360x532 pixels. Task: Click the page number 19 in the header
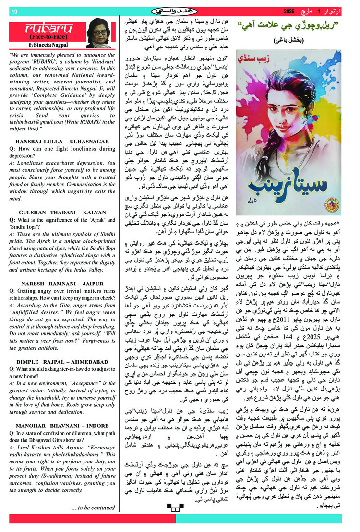point(14,12)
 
